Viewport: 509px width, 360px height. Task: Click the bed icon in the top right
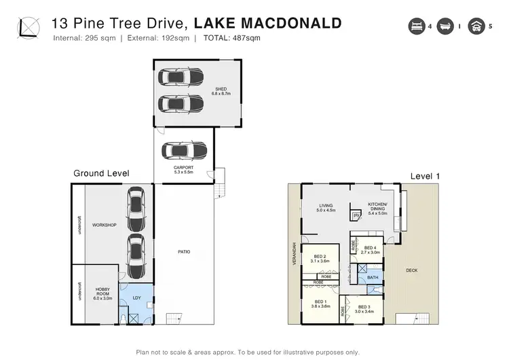[x=415, y=26]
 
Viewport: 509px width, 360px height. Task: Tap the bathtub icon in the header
[x=446, y=26]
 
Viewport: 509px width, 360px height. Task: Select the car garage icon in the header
[x=476, y=26]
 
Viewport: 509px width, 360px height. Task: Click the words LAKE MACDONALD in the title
[x=267, y=23]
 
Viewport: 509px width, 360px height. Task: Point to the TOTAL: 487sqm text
[x=230, y=38]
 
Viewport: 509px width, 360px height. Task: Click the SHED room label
[x=221, y=90]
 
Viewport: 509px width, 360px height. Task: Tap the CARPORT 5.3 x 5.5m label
[x=184, y=169]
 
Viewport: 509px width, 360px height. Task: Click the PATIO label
[x=184, y=252]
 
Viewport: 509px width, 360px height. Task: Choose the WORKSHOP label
[x=105, y=224]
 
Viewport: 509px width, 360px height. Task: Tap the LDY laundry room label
[x=136, y=297]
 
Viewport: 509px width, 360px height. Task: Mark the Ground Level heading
[x=101, y=174]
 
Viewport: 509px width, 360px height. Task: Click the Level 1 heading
[x=425, y=176]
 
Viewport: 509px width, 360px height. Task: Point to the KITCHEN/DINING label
[x=377, y=208]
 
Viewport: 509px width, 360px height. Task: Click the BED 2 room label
[x=320, y=258]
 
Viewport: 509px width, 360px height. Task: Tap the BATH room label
[x=373, y=278]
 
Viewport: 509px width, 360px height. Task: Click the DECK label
[x=411, y=270]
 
